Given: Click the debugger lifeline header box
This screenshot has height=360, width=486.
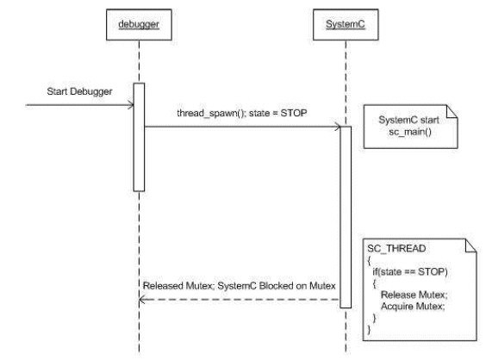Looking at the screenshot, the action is [x=139, y=24].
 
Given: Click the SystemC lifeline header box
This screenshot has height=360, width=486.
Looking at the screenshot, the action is [x=346, y=24].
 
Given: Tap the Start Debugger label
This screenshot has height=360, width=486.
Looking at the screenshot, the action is [x=79, y=91].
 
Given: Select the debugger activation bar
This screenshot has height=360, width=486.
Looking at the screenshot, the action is [x=139, y=137].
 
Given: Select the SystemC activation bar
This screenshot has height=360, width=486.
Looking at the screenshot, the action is [x=346, y=217].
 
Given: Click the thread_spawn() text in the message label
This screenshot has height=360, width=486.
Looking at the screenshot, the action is [x=212, y=113].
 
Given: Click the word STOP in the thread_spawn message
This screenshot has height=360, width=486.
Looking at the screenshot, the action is [x=294, y=113].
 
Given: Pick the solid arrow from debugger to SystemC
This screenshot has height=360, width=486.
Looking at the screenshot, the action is [x=242, y=127].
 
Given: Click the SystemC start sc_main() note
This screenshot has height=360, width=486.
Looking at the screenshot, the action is [x=410, y=127].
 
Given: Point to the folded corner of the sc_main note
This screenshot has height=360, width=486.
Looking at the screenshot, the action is [x=452, y=111].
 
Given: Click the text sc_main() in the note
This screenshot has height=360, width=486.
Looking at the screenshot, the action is [x=410, y=132].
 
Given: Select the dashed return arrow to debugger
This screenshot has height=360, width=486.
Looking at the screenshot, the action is [x=240, y=300].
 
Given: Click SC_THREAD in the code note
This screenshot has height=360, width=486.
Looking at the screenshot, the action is [x=396, y=248].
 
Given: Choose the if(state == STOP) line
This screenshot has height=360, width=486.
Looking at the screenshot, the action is [x=410, y=271].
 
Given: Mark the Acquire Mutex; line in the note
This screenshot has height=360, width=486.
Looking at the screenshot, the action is [x=413, y=307].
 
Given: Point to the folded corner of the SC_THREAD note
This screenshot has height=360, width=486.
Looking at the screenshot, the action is [x=470, y=245].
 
